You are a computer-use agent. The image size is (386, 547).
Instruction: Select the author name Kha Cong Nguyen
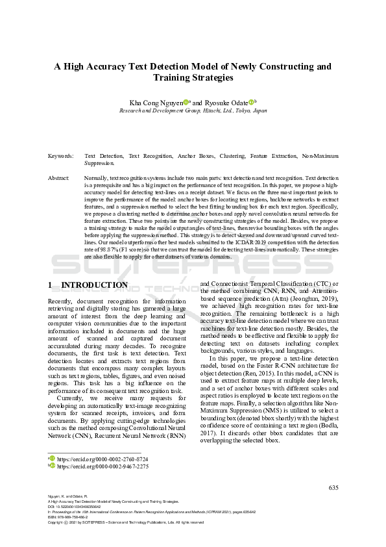156,102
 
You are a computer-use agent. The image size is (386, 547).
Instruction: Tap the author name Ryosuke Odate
226,102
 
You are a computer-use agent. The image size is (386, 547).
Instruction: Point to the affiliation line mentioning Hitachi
193,110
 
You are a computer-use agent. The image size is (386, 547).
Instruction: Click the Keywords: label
60,157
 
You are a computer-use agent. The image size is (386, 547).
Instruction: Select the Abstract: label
59,177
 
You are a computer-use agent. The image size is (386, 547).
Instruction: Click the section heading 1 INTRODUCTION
88,285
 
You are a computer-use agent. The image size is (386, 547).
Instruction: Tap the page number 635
334,487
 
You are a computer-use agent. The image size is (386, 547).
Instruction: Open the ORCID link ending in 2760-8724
103,459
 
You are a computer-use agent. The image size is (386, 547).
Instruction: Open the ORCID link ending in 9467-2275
103,466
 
